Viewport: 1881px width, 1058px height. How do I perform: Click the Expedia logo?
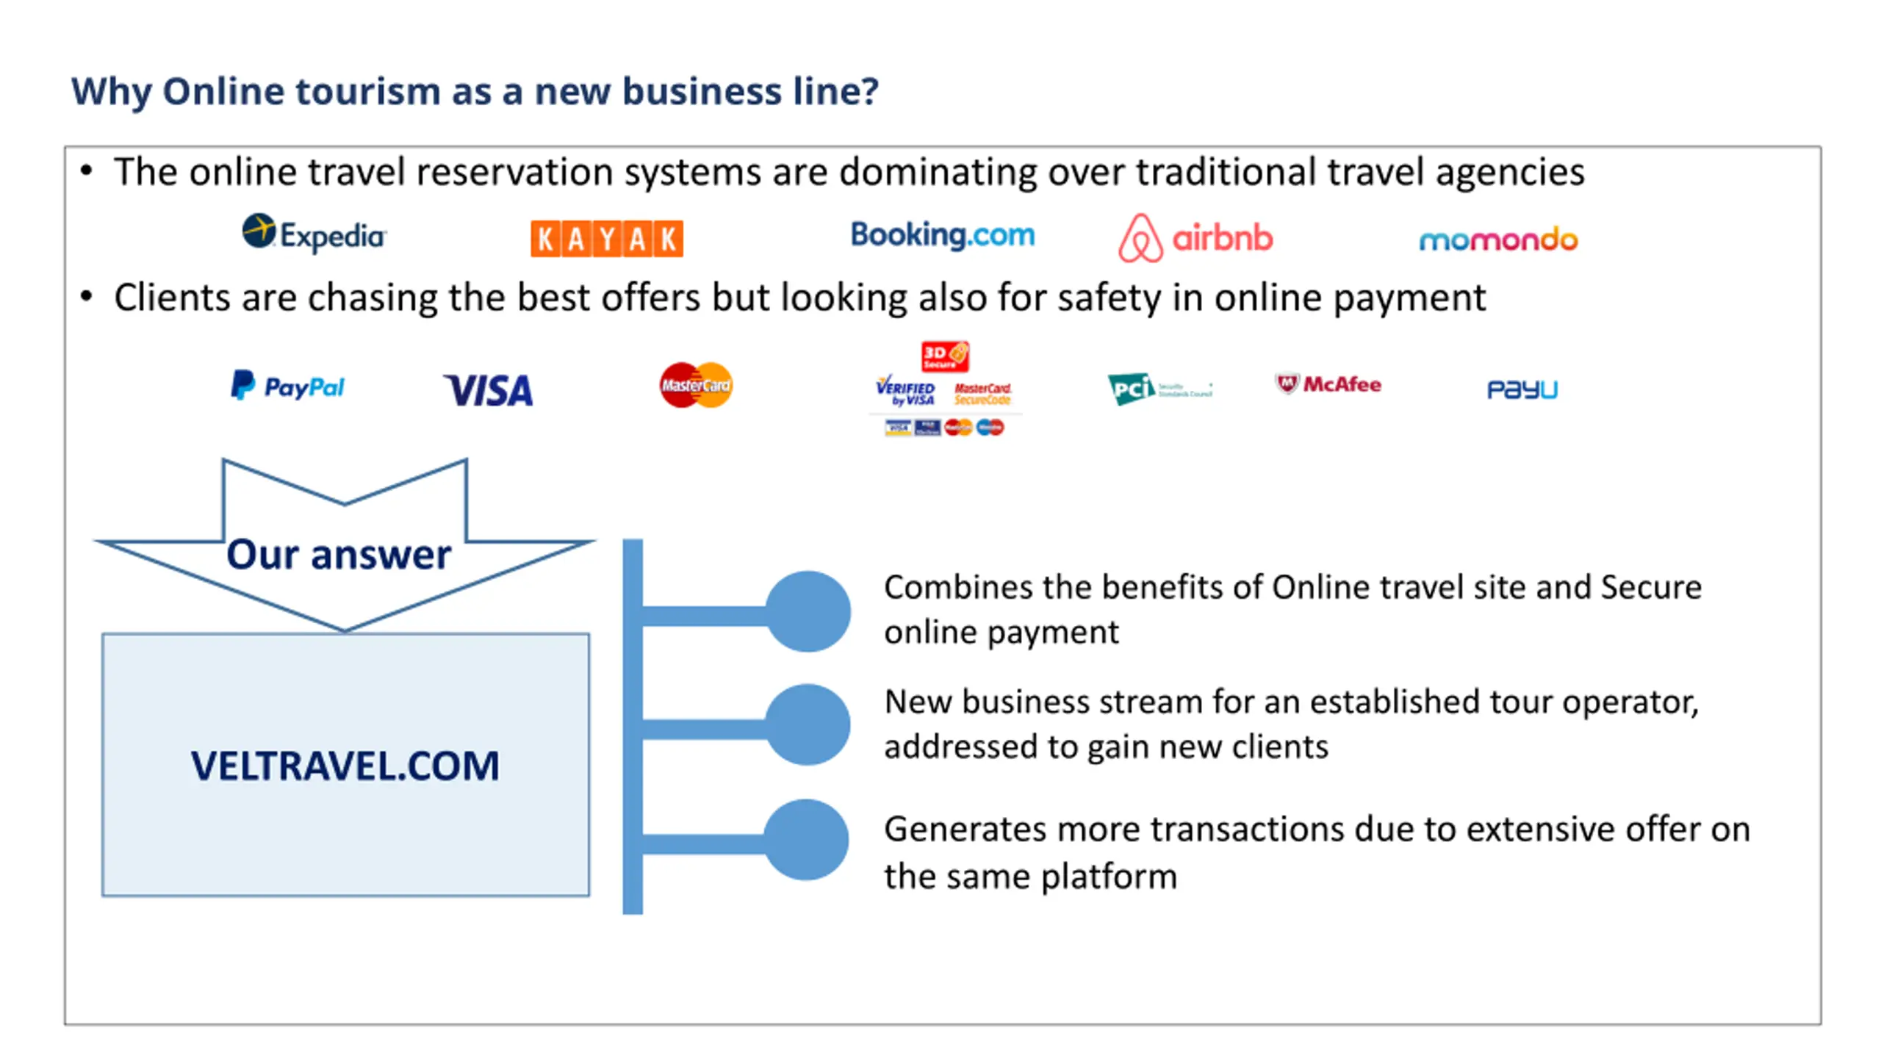point(314,234)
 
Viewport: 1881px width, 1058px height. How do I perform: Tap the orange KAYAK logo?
point(606,239)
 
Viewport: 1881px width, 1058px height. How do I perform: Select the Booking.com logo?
point(942,235)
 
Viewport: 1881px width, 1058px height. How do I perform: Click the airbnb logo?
point(1195,238)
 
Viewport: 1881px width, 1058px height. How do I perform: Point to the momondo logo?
point(1498,240)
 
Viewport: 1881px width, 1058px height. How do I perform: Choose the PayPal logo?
point(287,386)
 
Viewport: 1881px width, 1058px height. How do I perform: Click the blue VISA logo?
point(489,390)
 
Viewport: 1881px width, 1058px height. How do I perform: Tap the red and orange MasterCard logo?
point(696,385)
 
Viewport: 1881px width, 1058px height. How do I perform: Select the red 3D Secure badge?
point(945,356)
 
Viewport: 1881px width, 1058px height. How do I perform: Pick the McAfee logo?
point(1328,384)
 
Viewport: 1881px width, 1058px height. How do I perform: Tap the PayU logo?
point(1522,389)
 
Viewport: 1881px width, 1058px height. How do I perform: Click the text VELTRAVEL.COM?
point(345,766)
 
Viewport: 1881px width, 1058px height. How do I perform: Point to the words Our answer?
point(339,554)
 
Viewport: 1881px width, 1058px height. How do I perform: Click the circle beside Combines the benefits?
point(808,611)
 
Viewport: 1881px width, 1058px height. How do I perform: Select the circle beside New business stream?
point(808,725)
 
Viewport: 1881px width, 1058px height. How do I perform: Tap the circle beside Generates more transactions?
point(807,840)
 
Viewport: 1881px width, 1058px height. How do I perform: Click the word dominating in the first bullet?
point(938,173)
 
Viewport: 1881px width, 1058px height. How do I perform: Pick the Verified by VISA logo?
point(905,390)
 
